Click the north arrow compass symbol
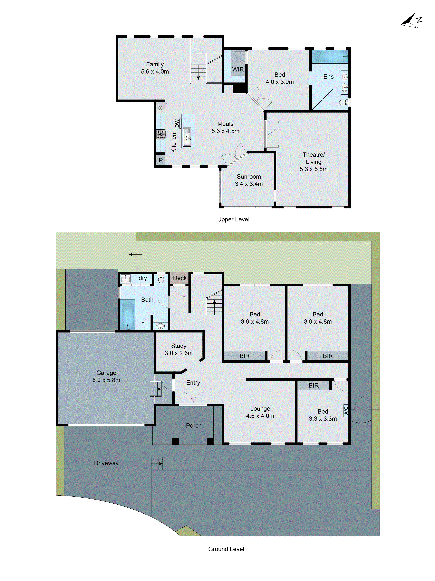tap(411, 21)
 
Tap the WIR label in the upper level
tap(238, 69)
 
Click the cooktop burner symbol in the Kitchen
tap(161, 135)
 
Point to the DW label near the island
tap(177, 123)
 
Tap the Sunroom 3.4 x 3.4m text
tap(249, 180)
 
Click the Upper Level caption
tap(233, 219)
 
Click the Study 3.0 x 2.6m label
tap(178, 350)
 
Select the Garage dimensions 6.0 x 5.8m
tap(106, 380)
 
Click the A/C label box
tap(346, 410)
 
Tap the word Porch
tap(194, 425)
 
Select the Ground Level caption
tap(226, 549)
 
